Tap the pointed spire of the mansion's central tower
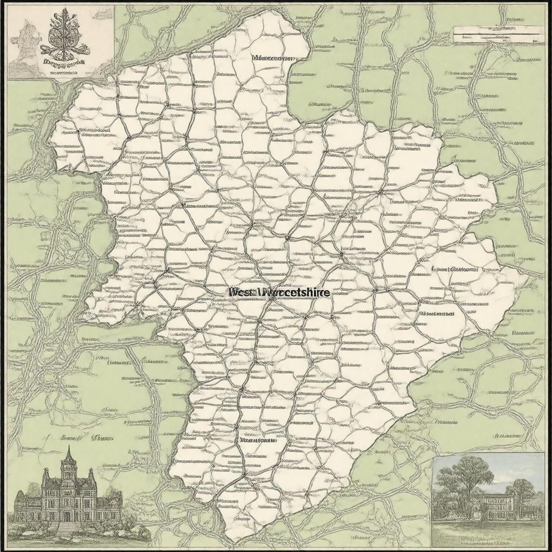[x=68, y=453]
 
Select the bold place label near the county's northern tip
[x=274, y=58]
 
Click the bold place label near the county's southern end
[x=257, y=440]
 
